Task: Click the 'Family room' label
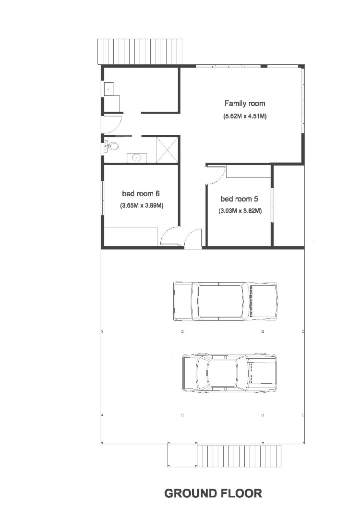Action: (245, 103)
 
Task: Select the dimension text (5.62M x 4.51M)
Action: (245, 116)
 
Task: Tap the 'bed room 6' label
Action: (141, 194)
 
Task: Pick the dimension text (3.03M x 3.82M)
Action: (240, 211)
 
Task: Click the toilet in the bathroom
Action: (113, 146)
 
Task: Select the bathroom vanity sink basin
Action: (137, 157)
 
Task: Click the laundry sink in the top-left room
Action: (109, 88)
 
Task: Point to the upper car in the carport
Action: (225, 301)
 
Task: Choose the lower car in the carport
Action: (229, 374)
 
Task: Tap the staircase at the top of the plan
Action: (141, 51)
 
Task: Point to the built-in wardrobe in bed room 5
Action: (248, 171)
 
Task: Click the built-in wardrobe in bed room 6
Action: (131, 236)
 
